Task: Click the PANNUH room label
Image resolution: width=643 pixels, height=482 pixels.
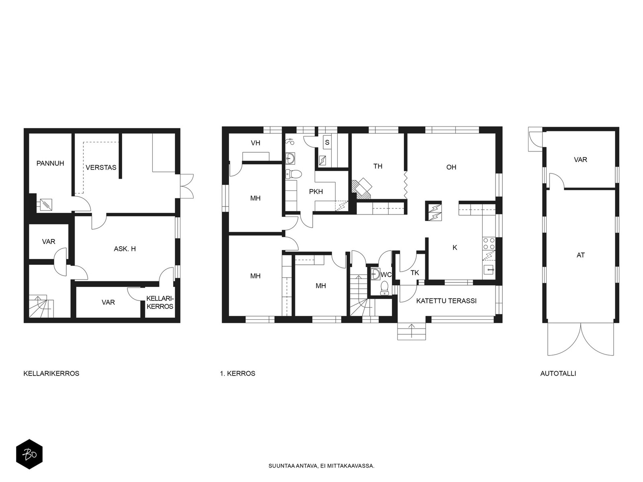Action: click(x=50, y=163)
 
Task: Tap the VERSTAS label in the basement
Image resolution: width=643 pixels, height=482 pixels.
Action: click(x=101, y=167)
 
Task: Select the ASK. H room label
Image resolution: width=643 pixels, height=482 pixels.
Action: click(x=125, y=249)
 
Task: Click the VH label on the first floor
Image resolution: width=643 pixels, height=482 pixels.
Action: click(x=256, y=143)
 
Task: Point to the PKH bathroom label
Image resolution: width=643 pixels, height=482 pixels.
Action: click(x=316, y=192)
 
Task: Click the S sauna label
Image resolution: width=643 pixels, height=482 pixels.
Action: click(x=327, y=143)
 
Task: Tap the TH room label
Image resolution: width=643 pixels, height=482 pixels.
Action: click(x=378, y=166)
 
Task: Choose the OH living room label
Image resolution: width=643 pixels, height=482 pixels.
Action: click(x=451, y=167)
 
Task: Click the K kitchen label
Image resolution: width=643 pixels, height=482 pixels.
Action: click(x=455, y=247)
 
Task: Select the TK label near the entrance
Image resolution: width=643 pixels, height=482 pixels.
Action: click(x=414, y=273)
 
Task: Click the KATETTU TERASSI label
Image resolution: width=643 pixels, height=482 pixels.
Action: click(x=446, y=301)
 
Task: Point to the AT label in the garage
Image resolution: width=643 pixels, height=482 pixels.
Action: click(x=581, y=255)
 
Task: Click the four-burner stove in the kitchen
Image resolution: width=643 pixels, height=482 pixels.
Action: click(x=489, y=243)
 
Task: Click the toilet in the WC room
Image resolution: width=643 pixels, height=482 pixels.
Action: click(x=384, y=288)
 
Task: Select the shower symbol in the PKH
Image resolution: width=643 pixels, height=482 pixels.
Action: click(x=289, y=142)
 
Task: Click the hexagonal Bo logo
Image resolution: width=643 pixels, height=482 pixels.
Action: click(x=29, y=454)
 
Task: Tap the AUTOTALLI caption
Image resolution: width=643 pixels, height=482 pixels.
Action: click(x=558, y=374)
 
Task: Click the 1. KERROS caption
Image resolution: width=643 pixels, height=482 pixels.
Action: click(x=238, y=374)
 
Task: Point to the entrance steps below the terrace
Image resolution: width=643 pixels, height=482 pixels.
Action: click(x=411, y=331)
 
